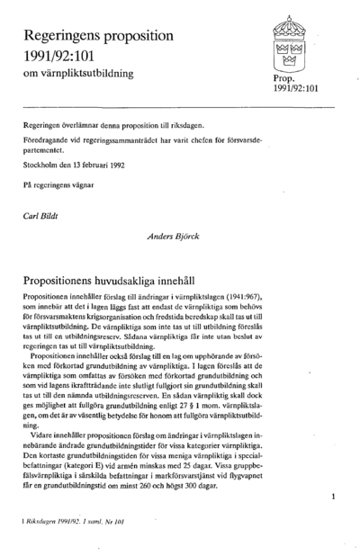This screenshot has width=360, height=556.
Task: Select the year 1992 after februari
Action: pyautogui.click(x=138, y=166)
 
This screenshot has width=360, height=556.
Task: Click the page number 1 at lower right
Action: pyautogui.click(x=333, y=496)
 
